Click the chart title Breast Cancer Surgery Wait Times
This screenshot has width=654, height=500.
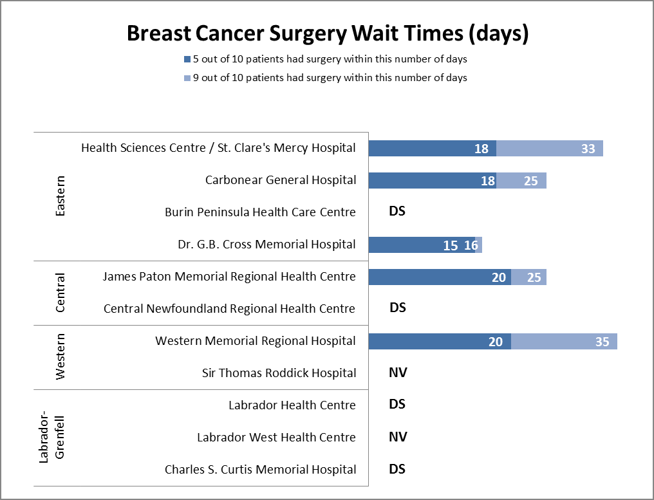tap(327, 33)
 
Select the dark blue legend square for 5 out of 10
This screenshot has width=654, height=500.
tap(187, 59)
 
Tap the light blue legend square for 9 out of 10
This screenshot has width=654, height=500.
tap(187, 78)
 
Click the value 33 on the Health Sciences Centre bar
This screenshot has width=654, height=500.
tap(588, 149)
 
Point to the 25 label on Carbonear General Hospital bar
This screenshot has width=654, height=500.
tap(530, 181)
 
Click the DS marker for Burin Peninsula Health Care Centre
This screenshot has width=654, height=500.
tap(397, 211)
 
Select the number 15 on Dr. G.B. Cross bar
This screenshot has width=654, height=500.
tap(451, 245)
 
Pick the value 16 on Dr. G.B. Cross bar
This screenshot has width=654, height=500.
tap(471, 245)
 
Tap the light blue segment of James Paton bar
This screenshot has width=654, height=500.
tap(528, 277)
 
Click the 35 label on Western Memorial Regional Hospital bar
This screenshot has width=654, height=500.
tap(602, 342)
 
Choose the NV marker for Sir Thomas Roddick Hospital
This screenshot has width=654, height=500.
tap(398, 373)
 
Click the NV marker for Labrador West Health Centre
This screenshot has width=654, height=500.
tap(398, 437)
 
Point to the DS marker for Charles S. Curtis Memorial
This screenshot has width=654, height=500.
tap(397, 469)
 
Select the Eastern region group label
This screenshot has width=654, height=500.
tap(61, 196)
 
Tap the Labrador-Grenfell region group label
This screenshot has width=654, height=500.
tap(53, 438)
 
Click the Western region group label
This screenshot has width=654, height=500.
tap(61, 357)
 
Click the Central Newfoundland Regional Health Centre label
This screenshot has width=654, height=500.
tap(229, 309)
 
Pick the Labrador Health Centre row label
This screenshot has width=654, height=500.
tap(292, 405)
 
